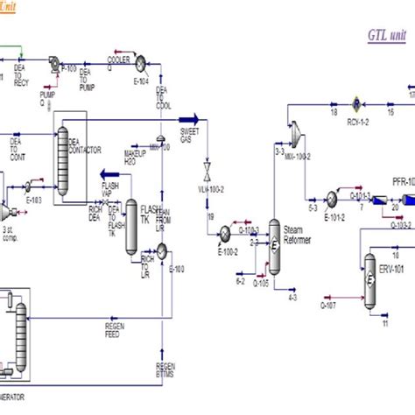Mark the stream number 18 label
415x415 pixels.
coord(334,112)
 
